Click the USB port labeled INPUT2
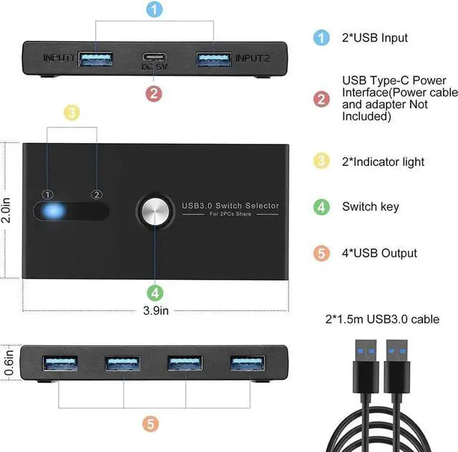click(x=213, y=56)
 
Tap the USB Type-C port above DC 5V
click(x=152, y=57)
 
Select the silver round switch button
click(x=155, y=212)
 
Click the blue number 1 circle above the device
click(x=154, y=10)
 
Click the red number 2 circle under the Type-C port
click(x=154, y=93)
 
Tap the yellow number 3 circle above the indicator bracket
click(x=72, y=112)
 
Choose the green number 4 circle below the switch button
click(x=155, y=292)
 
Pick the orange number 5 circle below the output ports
click(x=150, y=424)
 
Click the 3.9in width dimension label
click(x=155, y=310)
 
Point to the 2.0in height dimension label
click(x=6, y=212)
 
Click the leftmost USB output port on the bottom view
click(x=58, y=363)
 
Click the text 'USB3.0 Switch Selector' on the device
click(x=230, y=206)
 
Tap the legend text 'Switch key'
click(x=370, y=207)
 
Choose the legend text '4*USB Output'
click(x=379, y=253)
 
